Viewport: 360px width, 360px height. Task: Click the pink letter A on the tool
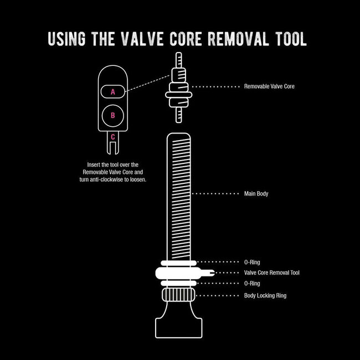(x=113, y=92)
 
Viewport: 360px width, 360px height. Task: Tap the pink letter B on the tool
(x=113, y=115)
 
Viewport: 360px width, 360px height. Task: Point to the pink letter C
(x=113, y=137)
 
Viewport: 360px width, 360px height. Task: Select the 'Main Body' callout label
(x=256, y=194)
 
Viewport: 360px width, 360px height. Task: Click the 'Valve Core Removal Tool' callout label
(x=272, y=272)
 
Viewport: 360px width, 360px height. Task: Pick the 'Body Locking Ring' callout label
(x=265, y=295)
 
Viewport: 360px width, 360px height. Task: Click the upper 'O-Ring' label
(x=252, y=262)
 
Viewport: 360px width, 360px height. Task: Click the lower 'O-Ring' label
(x=252, y=284)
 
